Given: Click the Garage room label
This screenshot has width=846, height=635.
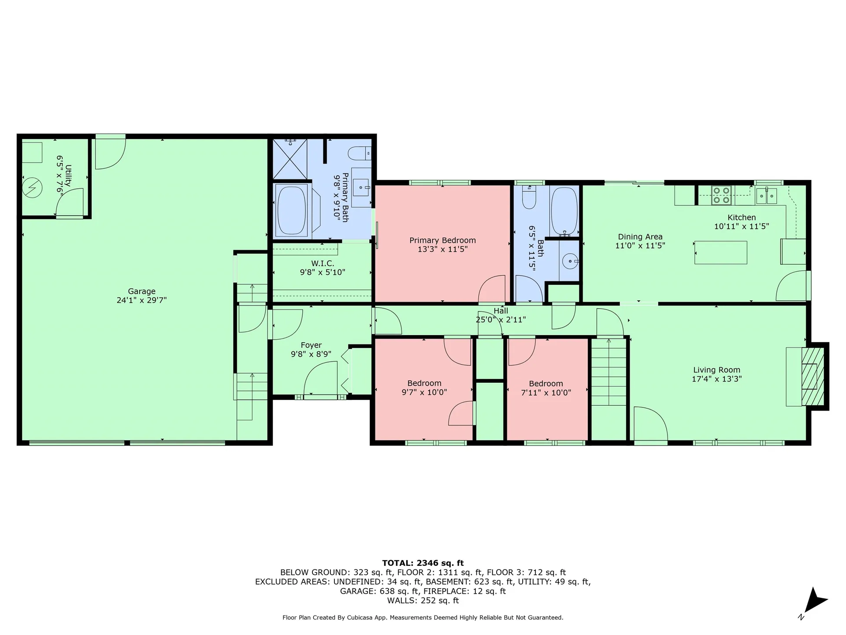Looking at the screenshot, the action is (x=141, y=291).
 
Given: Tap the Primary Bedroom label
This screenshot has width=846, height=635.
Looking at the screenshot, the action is (x=442, y=240).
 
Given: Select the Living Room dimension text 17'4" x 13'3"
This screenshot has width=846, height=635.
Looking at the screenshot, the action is (x=717, y=379).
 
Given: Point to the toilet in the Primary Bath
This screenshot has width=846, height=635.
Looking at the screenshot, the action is (x=360, y=153).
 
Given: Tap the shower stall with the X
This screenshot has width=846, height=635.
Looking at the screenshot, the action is (x=290, y=159).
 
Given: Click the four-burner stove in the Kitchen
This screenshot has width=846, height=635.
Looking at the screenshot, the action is (x=721, y=195).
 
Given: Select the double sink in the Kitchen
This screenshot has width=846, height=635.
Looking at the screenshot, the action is (x=766, y=195).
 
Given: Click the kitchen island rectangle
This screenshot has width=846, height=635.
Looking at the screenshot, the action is (x=720, y=252).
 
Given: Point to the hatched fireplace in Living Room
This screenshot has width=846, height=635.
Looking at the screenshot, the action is (x=812, y=377).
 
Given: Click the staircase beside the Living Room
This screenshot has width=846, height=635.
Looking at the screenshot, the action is (x=609, y=372).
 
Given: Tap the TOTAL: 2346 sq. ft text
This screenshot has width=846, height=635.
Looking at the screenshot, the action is (x=423, y=563).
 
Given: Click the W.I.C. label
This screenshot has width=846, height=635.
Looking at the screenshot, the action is (x=323, y=263).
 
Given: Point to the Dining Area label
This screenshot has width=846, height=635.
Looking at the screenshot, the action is (x=640, y=237).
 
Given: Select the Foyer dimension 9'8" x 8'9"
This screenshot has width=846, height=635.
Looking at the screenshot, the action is (x=311, y=354).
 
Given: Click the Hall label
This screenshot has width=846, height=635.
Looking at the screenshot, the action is (x=501, y=311).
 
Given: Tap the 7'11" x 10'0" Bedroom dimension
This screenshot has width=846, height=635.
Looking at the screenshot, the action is (x=546, y=392).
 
